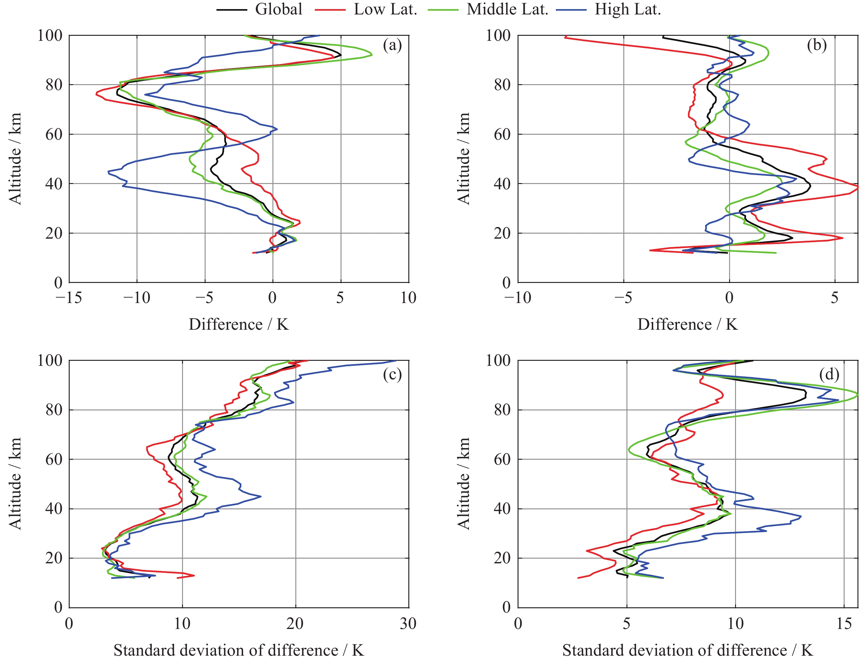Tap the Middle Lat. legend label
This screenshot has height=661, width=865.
click(x=507, y=9)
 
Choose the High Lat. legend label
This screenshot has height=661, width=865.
click(x=627, y=9)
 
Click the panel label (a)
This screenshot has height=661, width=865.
click(x=392, y=45)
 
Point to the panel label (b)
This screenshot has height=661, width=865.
click(x=817, y=45)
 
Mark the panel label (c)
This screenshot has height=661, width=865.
click(x=392, y=374)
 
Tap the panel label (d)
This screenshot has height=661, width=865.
click(x=829, y=374)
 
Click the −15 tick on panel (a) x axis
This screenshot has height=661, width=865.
click(x=69, y=298)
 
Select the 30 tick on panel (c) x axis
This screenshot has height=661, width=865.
click(x=408, y=624)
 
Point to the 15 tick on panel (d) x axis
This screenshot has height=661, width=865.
click(x=844, y=624)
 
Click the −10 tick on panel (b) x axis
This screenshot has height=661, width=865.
click(x=518, y=298)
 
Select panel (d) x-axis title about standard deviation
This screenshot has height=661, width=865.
click(x=687, y=650)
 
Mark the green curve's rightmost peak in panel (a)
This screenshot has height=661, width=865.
click(x=372, y=55)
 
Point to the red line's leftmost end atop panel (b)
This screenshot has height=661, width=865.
click(x=565, y=37)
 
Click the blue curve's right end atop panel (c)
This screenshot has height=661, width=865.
click(x=395, y=360)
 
